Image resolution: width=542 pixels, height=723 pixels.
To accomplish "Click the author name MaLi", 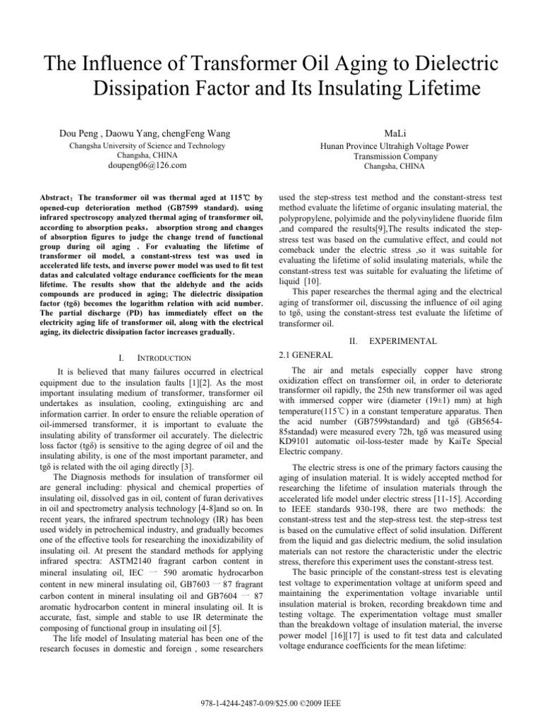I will (390, 133).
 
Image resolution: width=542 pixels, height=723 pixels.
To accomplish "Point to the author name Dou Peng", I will (79, 133).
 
